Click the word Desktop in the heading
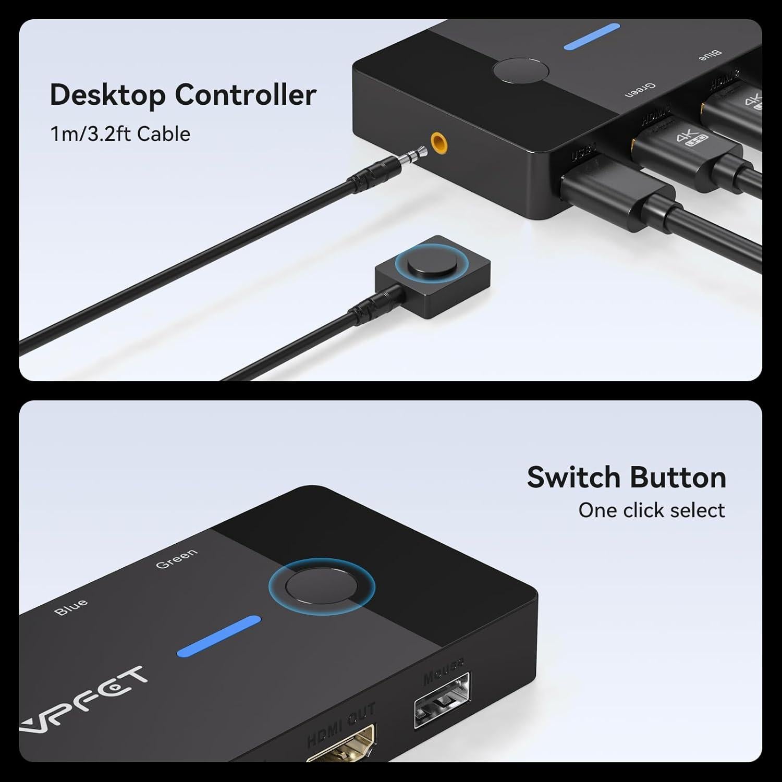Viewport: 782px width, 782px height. pyautogui.click(x=107, y=95)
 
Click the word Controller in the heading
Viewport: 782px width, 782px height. pyautogui.click(x=245, y=95)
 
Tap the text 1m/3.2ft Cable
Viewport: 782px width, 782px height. pyautogui.click(x=120, y=134)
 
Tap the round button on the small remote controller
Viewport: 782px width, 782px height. pyautogui.click(x=429, y=265)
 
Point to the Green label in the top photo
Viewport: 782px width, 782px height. pyautogui.click(x=640, y=90)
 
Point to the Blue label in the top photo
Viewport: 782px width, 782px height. pyautogui.click(x=710, y=55)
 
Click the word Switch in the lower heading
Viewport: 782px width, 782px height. pyautogui.click(x=575, y=477)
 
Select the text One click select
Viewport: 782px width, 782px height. pyautogui.click(x=651, y=510)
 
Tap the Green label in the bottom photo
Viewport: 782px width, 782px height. pyautogui.click(x=177, y=558)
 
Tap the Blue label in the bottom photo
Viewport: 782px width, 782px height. pyautogui.click(x=71, y=607)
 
